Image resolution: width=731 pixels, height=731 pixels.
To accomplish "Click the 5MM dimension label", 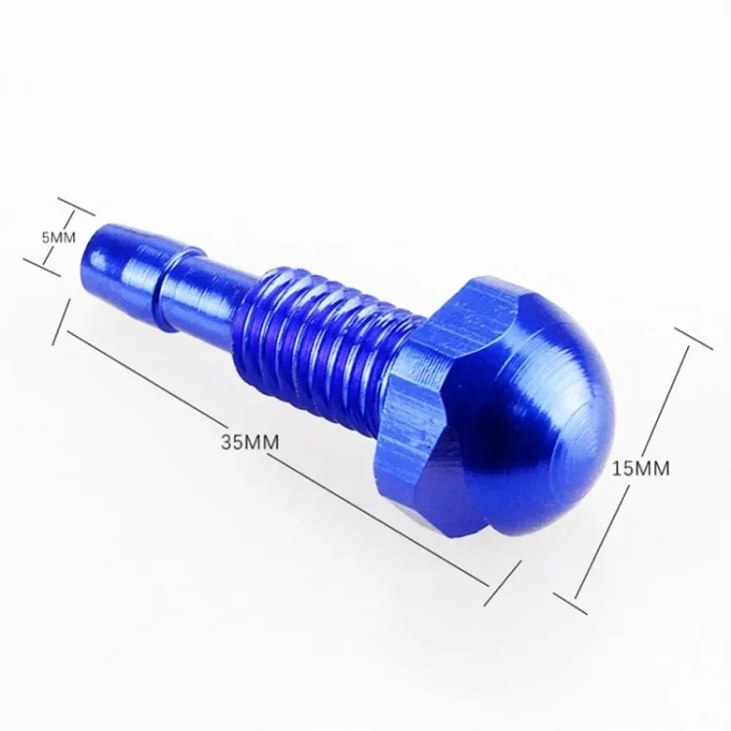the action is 58,238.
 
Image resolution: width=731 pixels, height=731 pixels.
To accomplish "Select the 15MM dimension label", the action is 640,469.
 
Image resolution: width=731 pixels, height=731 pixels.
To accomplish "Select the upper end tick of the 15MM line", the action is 693,338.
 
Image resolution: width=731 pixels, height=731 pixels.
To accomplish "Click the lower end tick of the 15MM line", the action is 570,603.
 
